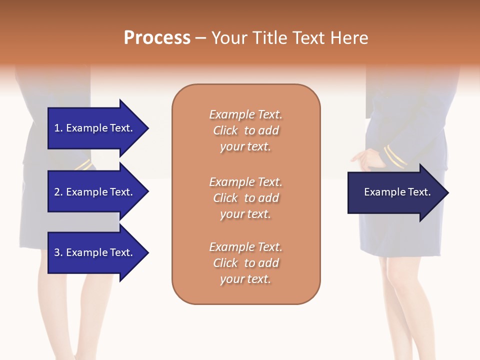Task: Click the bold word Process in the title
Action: [x=157, y=38]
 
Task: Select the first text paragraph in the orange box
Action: [x=245, y=130]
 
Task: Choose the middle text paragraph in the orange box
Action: [x=245, y=197]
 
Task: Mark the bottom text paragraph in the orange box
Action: [x=245, y=263]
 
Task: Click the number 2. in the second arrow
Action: [x=58, y=192]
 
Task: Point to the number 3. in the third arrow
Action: [x=58, y=252]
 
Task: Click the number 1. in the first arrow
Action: [x=58, y=128]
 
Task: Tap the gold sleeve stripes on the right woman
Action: [x=394, y=156]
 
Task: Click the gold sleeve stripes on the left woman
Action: [x=84, y=165]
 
